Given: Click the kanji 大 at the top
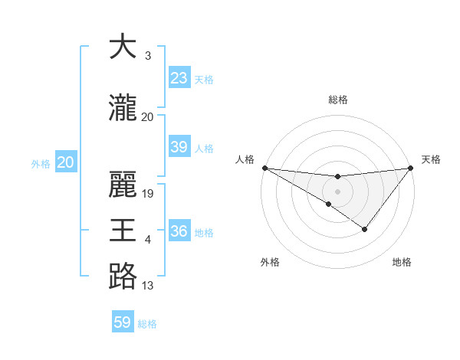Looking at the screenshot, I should point(123,47).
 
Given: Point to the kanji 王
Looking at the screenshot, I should point(123,231).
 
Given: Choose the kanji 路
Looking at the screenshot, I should point(123,277).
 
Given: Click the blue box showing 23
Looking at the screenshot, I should point(179,78).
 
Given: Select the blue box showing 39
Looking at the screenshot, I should point(179,147).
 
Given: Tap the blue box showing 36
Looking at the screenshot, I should point(179,231).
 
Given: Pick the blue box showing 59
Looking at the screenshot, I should point(123,322).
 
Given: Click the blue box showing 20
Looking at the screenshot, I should point(66,162).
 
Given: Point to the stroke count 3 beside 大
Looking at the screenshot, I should point(148,56).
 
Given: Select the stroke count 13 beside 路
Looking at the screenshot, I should point(148,286).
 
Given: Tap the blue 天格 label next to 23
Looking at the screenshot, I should point(204,79).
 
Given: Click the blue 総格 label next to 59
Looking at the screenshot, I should point(148,324).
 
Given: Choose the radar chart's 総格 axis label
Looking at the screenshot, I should point(337,100).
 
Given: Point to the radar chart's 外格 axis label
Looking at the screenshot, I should point(270,262).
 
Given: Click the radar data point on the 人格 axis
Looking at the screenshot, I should point(264,167).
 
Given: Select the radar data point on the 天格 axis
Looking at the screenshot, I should point(410,168).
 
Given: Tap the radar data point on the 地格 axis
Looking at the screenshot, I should point(365,229).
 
